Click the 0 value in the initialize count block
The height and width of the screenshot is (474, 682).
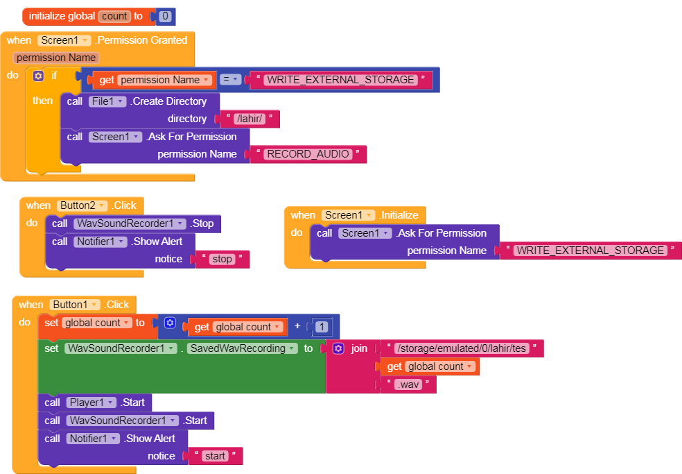click(165, 16)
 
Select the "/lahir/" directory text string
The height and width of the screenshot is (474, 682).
click(250, 119)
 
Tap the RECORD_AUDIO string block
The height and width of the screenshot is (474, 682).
click(308, 154)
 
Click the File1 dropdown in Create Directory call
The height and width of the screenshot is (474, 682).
click(107, 101)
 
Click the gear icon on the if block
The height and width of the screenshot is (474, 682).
click(38, 76)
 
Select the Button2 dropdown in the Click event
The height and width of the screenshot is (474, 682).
click(82, 205)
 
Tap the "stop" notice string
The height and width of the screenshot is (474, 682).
click(222, 260)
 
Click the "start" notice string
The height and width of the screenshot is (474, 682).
click(215, 456)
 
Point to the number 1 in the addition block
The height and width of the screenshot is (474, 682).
click(322, 327)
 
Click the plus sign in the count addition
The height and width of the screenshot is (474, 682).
click(297, 326)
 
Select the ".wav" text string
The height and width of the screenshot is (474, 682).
click(408, 384)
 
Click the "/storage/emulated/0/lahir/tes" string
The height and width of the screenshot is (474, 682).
click(462, 348)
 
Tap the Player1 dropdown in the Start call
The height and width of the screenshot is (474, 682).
click(91, 403)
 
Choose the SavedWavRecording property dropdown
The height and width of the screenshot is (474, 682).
click(243, 348)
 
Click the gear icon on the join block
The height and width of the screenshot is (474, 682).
click(338, 348)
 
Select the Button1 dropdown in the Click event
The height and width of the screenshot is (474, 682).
click(75, 305)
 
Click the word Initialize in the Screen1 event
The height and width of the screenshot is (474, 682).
click(399, 215)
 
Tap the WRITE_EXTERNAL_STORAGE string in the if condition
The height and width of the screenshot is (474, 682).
click(340, 80)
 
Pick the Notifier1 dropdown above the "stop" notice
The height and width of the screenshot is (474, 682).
click(100, 242)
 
